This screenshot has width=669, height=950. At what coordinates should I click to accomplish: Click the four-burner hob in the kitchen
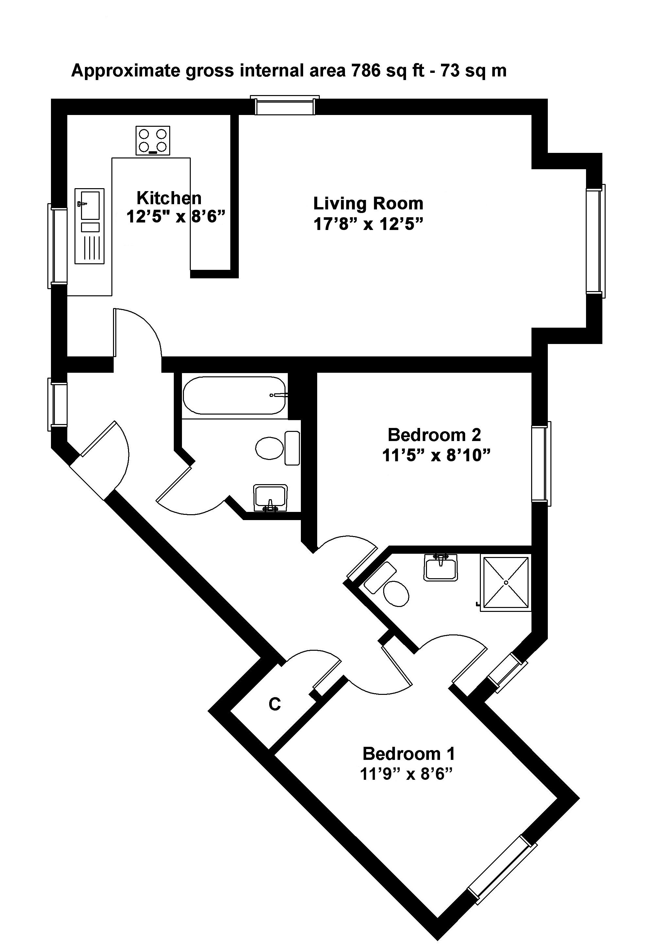pos(153,140)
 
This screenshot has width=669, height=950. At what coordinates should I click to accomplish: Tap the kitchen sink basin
pos(90,205)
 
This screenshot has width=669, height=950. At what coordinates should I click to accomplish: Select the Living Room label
pos(368,204)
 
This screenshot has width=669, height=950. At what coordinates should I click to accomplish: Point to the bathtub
pos(235,395)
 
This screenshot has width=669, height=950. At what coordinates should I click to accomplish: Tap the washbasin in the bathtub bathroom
pos(270,498)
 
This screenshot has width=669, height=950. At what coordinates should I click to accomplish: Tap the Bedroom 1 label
pos(409,754)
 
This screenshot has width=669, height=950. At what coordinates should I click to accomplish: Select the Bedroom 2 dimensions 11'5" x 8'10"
pos(436,455)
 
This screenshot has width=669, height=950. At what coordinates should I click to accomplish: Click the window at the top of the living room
pos(285,106)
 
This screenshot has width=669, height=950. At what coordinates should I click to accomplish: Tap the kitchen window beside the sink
pos(57,246)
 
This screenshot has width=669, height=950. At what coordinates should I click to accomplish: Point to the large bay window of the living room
pos(596,241)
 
